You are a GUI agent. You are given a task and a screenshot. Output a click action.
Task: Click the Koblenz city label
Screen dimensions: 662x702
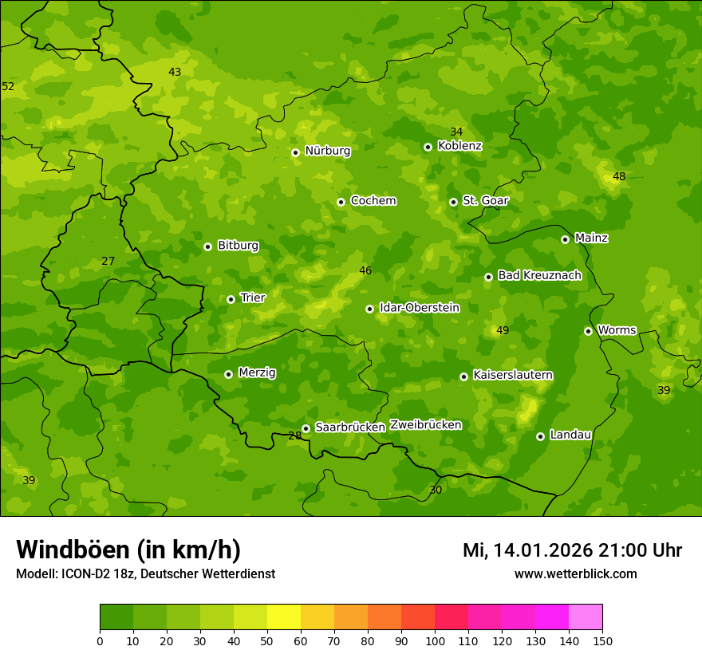click(459, 146)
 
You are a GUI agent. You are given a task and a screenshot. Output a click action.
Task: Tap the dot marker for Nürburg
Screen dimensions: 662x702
click(295, 152)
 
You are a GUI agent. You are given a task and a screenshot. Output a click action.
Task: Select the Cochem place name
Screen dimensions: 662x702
click(373, 201)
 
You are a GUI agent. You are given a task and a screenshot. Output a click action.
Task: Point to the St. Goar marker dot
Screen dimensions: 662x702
click(453, 202)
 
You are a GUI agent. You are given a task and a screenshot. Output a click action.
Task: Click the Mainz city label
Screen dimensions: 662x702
click(591, 238)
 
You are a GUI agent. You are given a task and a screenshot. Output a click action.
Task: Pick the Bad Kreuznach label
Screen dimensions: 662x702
click(539, 275)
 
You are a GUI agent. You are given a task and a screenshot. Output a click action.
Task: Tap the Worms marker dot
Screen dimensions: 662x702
click(588, 331)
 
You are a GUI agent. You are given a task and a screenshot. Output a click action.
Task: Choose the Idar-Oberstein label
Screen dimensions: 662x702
click(419, 308)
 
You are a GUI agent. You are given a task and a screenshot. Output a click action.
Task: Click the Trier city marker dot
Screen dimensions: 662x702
click(231, 299)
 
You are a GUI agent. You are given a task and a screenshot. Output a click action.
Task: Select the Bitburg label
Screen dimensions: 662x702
click(238, 246)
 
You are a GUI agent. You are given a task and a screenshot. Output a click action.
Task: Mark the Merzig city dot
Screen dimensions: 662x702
click(228, 374)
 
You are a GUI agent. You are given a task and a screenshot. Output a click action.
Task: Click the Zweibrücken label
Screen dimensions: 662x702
click(425, 425)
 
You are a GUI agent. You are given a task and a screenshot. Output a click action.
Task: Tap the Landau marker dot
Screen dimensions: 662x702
click(540, 436)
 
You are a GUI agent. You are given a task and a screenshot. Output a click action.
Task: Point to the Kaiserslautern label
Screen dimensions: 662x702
click(512, 375)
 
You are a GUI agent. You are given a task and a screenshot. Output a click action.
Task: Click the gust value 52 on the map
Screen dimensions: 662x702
click(8, 86)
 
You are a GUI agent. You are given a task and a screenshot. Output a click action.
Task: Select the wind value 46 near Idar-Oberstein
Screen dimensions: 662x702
click(365, 271)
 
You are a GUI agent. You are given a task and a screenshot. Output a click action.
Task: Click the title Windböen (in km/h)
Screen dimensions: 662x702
click(128, 550)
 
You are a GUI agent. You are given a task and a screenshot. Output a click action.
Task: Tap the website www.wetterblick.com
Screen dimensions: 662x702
click(575, 573)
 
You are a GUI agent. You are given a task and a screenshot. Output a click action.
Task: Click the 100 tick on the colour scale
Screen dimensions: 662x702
click(435, 640)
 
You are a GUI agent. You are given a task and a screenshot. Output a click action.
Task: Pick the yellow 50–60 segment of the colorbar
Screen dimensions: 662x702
click(284, 617)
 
